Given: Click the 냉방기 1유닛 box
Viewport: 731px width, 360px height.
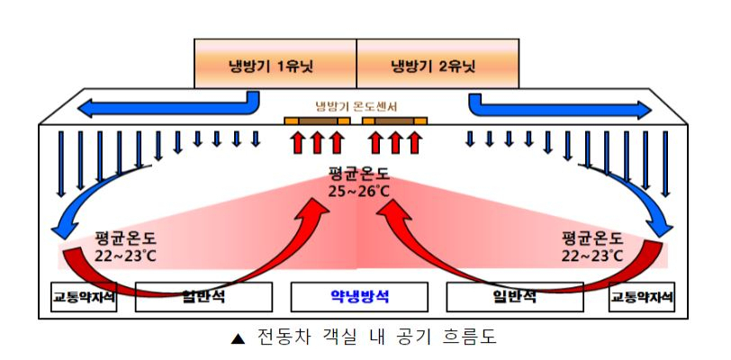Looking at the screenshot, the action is pos(275,63).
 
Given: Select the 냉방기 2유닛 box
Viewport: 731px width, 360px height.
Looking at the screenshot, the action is pos(438,63).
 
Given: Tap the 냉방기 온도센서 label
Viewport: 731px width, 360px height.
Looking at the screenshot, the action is pos(356,107).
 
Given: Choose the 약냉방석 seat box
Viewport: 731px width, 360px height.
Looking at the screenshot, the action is pos(359,297).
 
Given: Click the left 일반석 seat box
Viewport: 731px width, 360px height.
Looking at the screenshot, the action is pos(203,297).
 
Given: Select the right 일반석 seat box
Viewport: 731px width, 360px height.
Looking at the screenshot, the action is pos(515,297).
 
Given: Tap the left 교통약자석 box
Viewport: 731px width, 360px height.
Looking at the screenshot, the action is pos(84,297).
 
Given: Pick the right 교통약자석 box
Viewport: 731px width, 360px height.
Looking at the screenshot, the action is pos(642,297).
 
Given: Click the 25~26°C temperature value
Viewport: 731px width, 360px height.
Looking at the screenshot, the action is pos(358,191).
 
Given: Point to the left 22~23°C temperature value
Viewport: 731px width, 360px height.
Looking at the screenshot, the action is pos(125,256).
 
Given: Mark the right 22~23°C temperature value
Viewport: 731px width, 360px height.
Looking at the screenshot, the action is pos(592,256).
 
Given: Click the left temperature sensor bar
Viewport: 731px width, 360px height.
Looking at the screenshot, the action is pos(317,121).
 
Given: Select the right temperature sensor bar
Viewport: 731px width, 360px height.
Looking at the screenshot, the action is pos(395,121).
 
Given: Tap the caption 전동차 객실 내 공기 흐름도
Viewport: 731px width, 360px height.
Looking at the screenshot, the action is pos(376,337).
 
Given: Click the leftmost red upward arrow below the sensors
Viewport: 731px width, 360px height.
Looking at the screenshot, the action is pos(297,142).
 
